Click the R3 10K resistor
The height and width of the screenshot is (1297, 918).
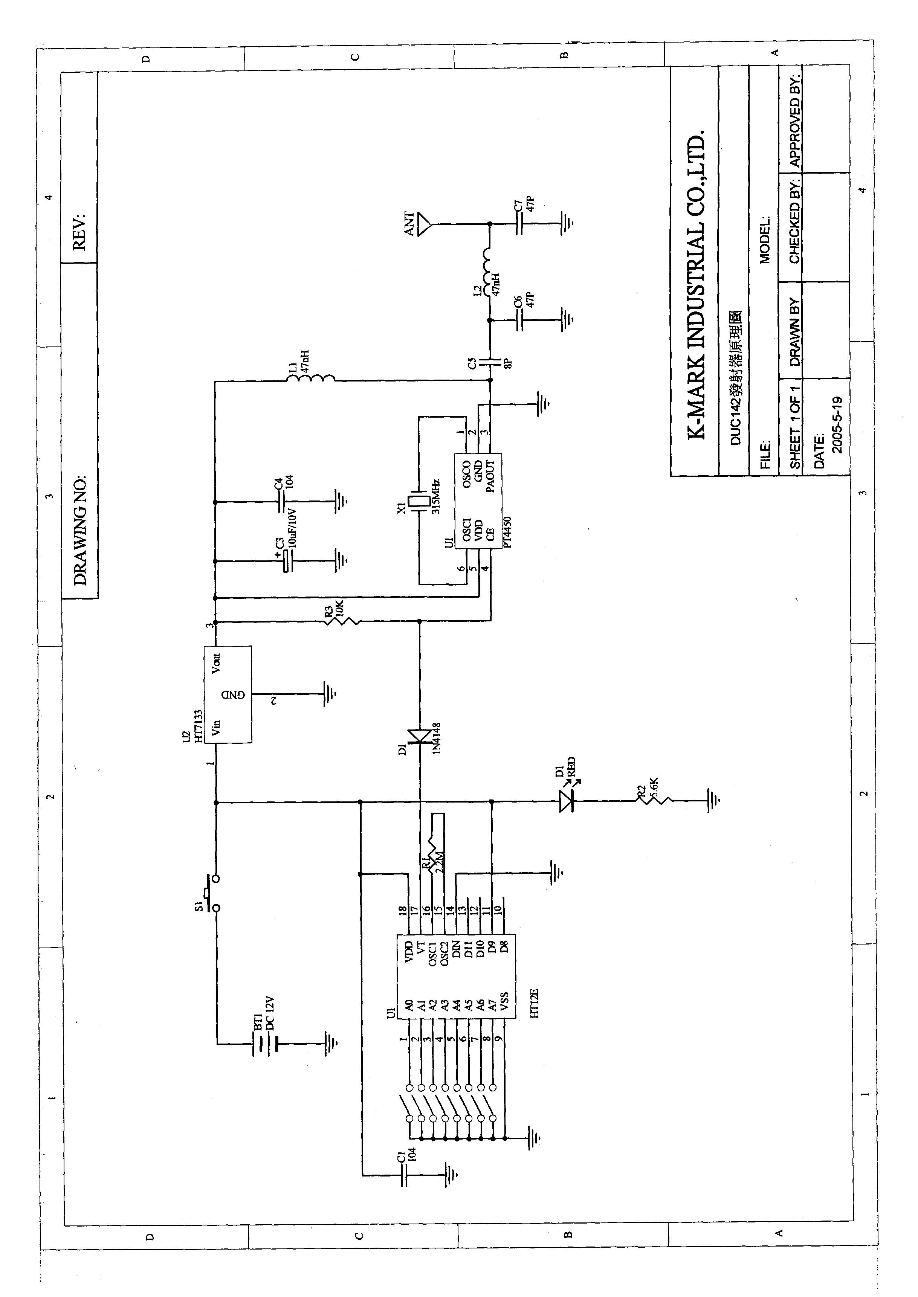pyautogui.click(x=342, y=622)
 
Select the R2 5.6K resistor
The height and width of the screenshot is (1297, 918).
pyautogui.click(x=654, y=801)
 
